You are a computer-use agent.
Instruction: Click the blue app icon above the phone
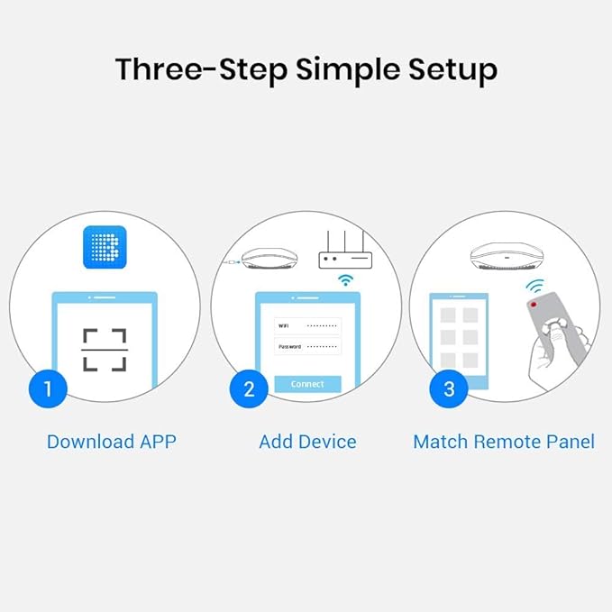click(105, 246)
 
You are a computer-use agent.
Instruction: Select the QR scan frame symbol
click(105, 351)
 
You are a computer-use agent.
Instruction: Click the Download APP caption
click(111, 442)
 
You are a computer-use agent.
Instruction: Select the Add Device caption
click(307, 442)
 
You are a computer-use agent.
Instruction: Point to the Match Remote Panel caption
click(503, 442)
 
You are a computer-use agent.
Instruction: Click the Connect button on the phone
click(307, 384)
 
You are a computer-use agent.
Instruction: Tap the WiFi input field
click(307, 325)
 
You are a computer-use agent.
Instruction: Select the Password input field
click(307, 346)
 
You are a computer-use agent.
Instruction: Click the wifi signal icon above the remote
click(536, 287)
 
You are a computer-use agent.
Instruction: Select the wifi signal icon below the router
click(345, 280)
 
